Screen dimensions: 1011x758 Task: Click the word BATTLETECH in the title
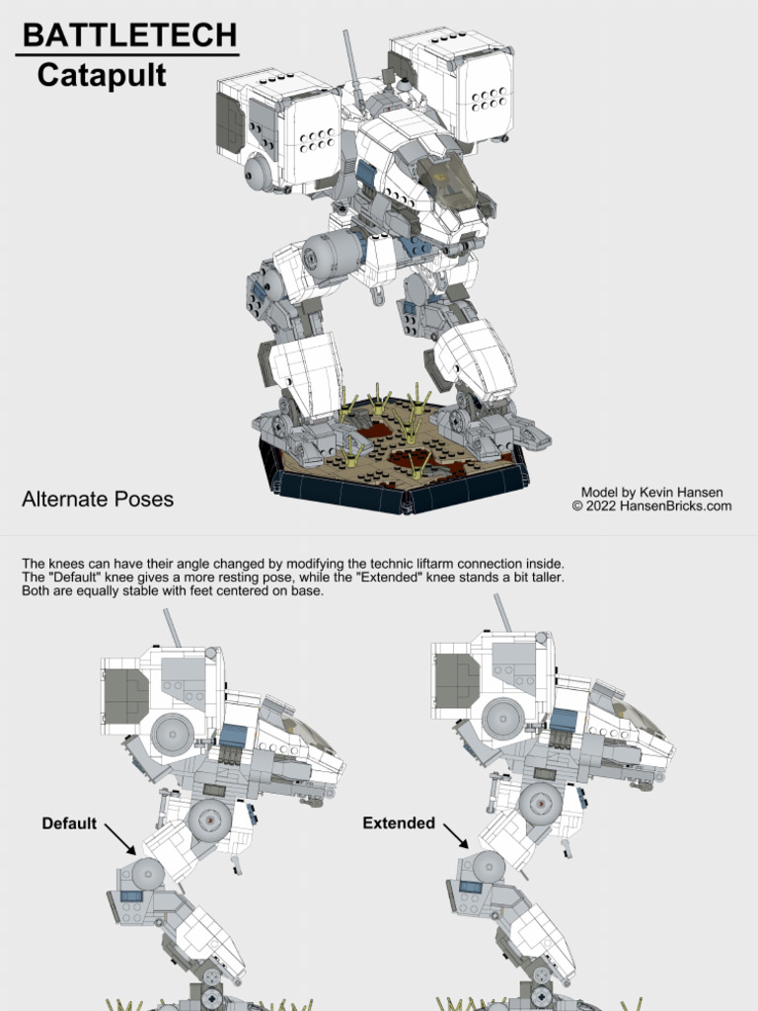pyautogui.click(x=129, y=36)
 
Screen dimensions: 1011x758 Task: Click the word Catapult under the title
pyautogui.click(x=102, y=75)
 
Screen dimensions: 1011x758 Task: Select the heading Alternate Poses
pyautogui.click(x=98, y=500)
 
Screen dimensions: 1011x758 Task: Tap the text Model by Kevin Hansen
pyautogui.click(x=651, y=492)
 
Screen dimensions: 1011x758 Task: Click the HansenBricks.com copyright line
pyautogui.click(x=651, y=506)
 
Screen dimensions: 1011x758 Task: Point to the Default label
pyautogui.click(x=69, y=823)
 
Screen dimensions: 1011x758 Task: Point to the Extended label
pyautogui.click(x=399, y=823)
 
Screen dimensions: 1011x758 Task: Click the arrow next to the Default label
pyautogui.click(x=120, y=840)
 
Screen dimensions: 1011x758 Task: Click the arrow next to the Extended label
pyautogui.click(x=456, y=837)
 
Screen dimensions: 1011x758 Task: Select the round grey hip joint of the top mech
pyautogui.click(x=330, y=256)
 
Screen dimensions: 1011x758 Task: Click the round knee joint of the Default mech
pyautogui.click(x=147, y=873)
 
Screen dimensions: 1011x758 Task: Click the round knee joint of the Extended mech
pyautogui.click(x=488, y=867)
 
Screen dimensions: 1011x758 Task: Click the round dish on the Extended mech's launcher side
pyautogui.click(x=503, y=719)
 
